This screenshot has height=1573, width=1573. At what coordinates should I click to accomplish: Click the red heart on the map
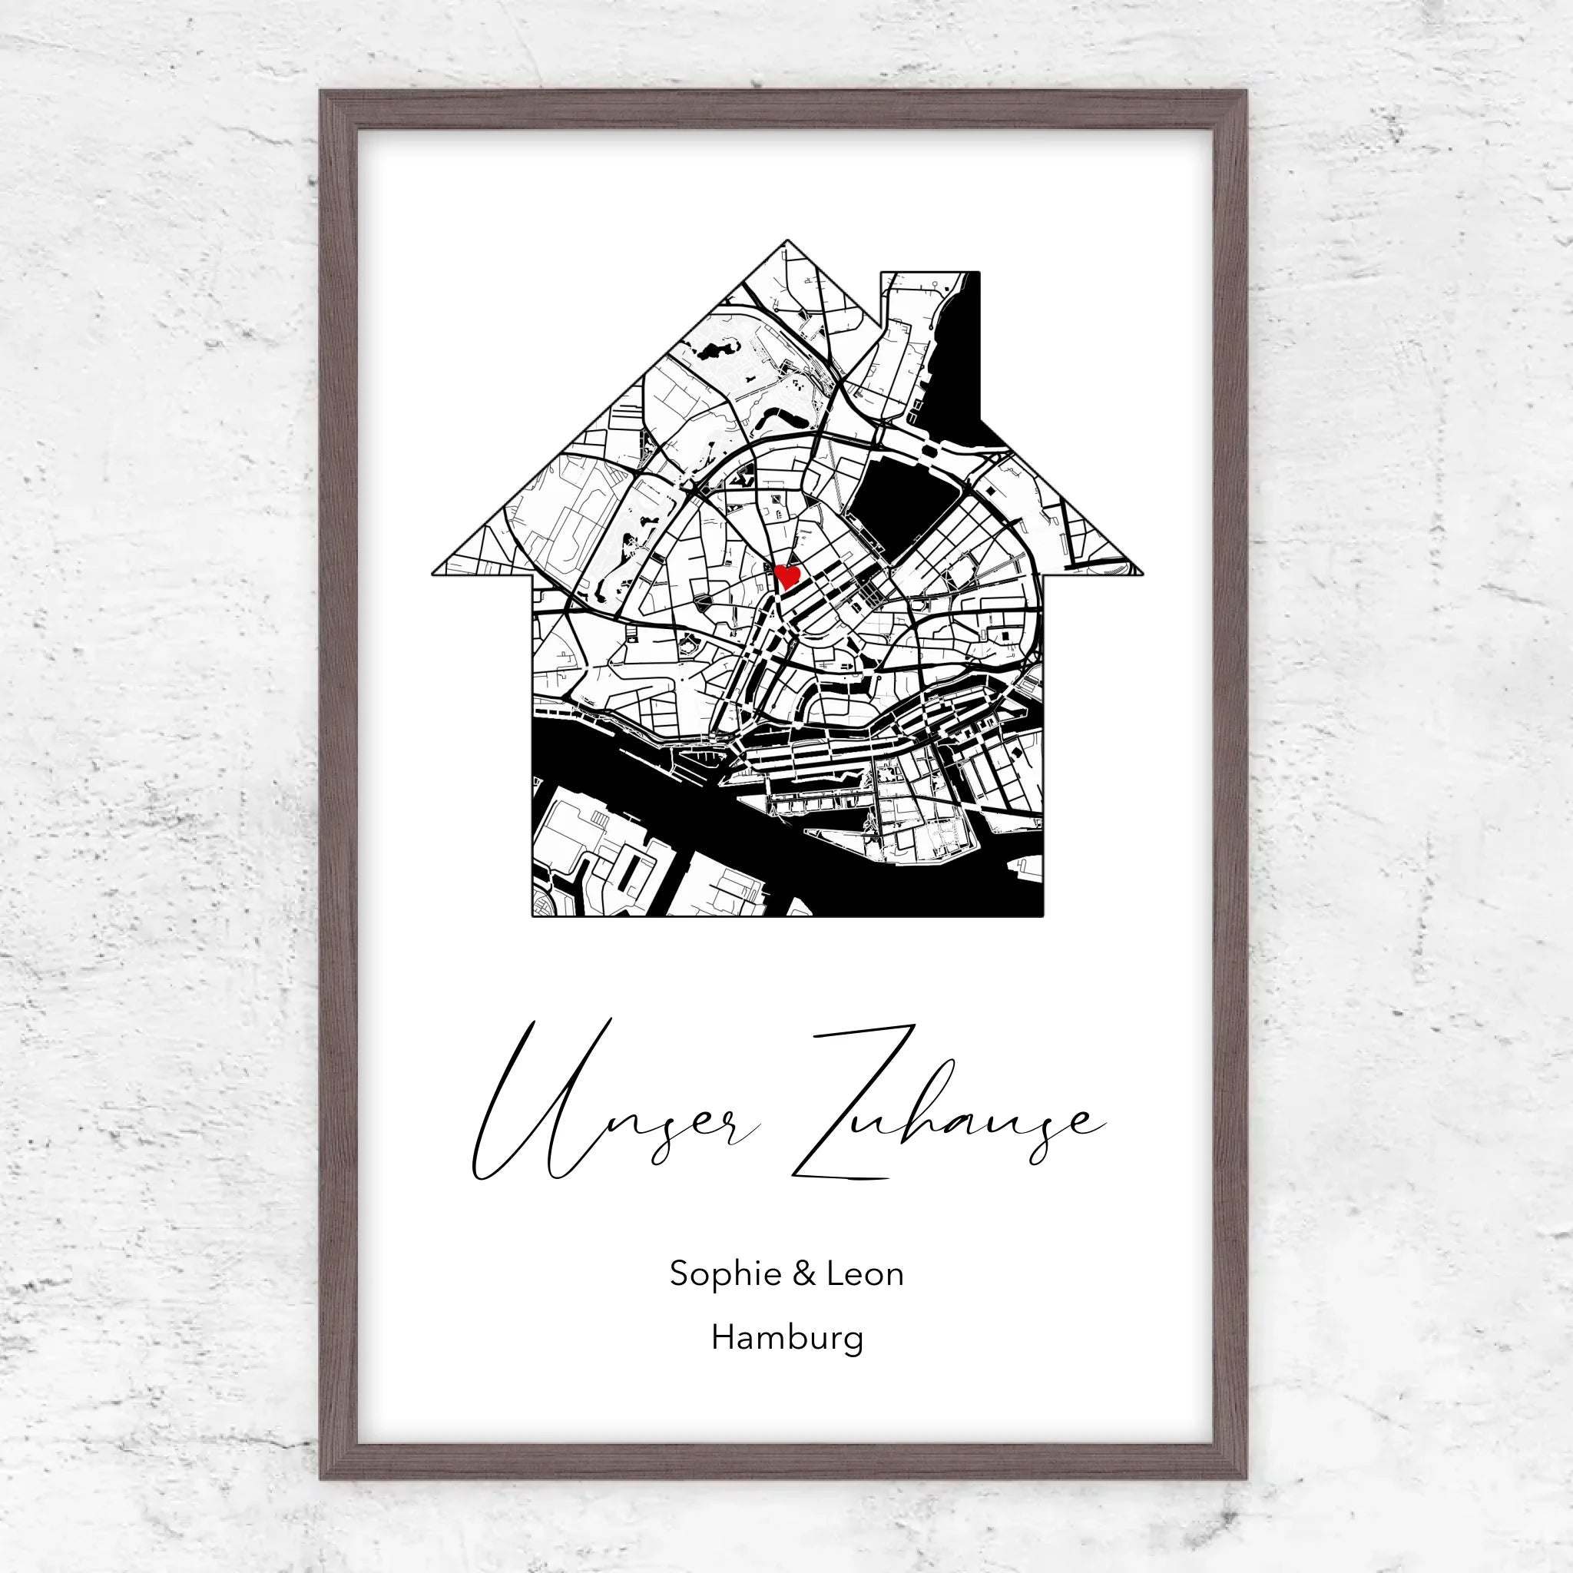(786, 575)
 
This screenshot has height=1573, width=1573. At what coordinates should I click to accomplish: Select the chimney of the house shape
(930, 326)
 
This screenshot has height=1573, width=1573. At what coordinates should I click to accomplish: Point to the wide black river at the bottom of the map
(733, 823)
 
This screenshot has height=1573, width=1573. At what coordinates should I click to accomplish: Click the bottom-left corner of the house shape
(533, 915)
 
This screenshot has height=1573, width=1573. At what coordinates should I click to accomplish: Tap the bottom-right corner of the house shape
(1042, 915)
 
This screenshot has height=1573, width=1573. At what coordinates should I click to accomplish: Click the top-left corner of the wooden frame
(323, 93)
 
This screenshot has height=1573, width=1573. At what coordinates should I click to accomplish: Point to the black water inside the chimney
(961, 366)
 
